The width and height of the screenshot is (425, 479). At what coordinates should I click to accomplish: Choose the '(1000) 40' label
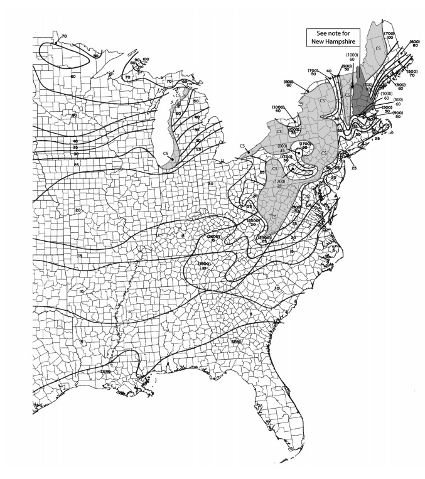pyautogui.click(x=278, y=109)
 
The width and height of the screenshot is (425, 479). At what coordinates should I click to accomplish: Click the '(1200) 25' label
pyautogui.click(x=279, y=184)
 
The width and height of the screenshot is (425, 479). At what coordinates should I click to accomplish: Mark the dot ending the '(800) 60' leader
pyautogui.click(x=306, y=93)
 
